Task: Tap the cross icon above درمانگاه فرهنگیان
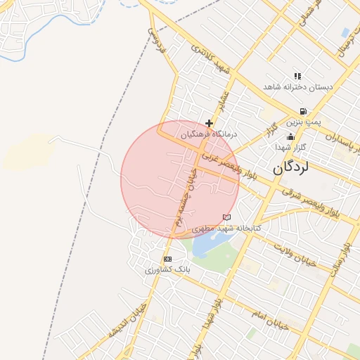209,123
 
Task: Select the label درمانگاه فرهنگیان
210,134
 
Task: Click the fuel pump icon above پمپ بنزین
302,111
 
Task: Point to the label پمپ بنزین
304,122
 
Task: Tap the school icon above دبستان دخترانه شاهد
297,76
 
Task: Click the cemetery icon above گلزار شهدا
290,136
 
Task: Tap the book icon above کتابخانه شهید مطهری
226,217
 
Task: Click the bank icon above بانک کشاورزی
167,259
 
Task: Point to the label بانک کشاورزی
167,270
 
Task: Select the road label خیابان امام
271,314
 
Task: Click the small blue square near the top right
345,32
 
